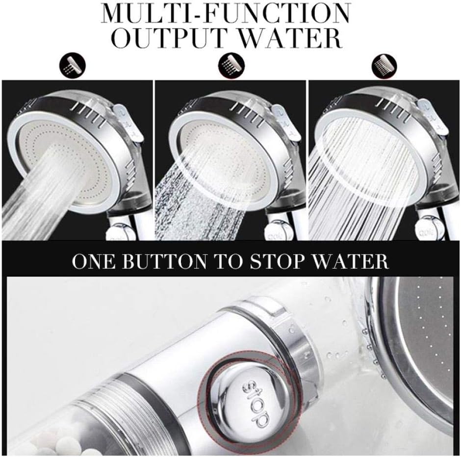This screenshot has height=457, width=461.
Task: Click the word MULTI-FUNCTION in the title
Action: coord(226,14)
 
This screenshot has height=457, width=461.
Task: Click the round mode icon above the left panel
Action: coord(72,65)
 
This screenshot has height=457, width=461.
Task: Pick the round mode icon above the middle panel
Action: coord(231,65)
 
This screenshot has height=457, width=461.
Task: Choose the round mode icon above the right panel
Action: coord(384,65)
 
